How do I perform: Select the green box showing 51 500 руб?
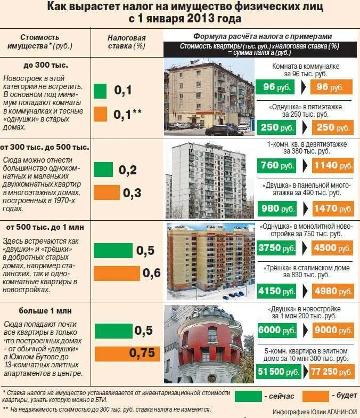pyautogui.click(x=277, y=371)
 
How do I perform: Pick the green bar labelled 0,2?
pyautogui.click(x=103, y=170)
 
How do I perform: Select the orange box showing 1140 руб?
pyautogui.click(x=332, y=165)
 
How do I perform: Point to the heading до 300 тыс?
pyautogui.click(x=46, y=65)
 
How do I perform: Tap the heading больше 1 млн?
pyautogui.click(x=46, y=310)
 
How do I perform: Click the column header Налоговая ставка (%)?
pyautogui.click(x=126, y=42)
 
